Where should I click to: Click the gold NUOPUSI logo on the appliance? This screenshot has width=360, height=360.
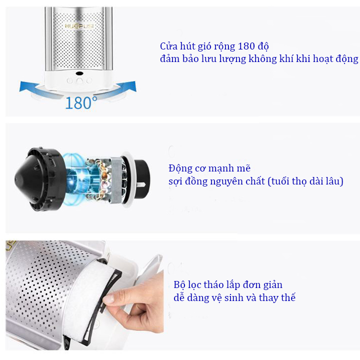[79, 26]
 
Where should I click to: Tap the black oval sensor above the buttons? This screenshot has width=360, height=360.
[79, 73]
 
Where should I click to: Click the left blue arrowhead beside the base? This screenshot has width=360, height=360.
[25, 86]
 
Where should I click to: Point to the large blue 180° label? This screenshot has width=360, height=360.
[81, 103]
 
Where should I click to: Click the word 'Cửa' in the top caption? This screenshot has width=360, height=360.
[168, 46]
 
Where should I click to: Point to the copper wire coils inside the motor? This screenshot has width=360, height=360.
[101, 179]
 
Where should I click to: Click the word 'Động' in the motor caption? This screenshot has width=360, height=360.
[180, 169]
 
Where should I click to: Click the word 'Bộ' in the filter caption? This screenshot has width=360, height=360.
[179, 285]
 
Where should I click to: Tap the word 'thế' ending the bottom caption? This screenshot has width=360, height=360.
[288, 297]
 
